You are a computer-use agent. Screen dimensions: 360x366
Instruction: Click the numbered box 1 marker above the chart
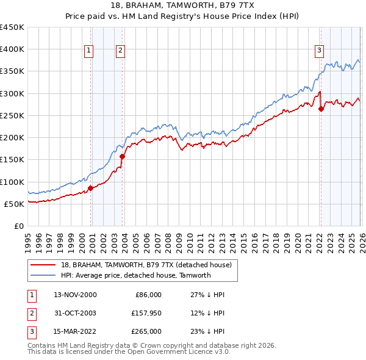pos(89,51)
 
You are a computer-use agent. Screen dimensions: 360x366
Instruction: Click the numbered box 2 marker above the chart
pos(121,51)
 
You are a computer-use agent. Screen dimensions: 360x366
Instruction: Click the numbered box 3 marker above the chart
pos(319,51)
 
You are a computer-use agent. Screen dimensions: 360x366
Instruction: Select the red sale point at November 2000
pos(91,188)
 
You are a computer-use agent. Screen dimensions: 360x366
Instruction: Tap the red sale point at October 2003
pos(123,156)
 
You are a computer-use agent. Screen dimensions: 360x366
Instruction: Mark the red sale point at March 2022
pos(321,109)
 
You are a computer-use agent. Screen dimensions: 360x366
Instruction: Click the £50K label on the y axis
pos(14,204)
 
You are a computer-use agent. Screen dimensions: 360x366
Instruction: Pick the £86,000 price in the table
pos(147,295)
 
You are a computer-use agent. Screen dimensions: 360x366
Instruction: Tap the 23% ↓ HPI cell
pos(208,331)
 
